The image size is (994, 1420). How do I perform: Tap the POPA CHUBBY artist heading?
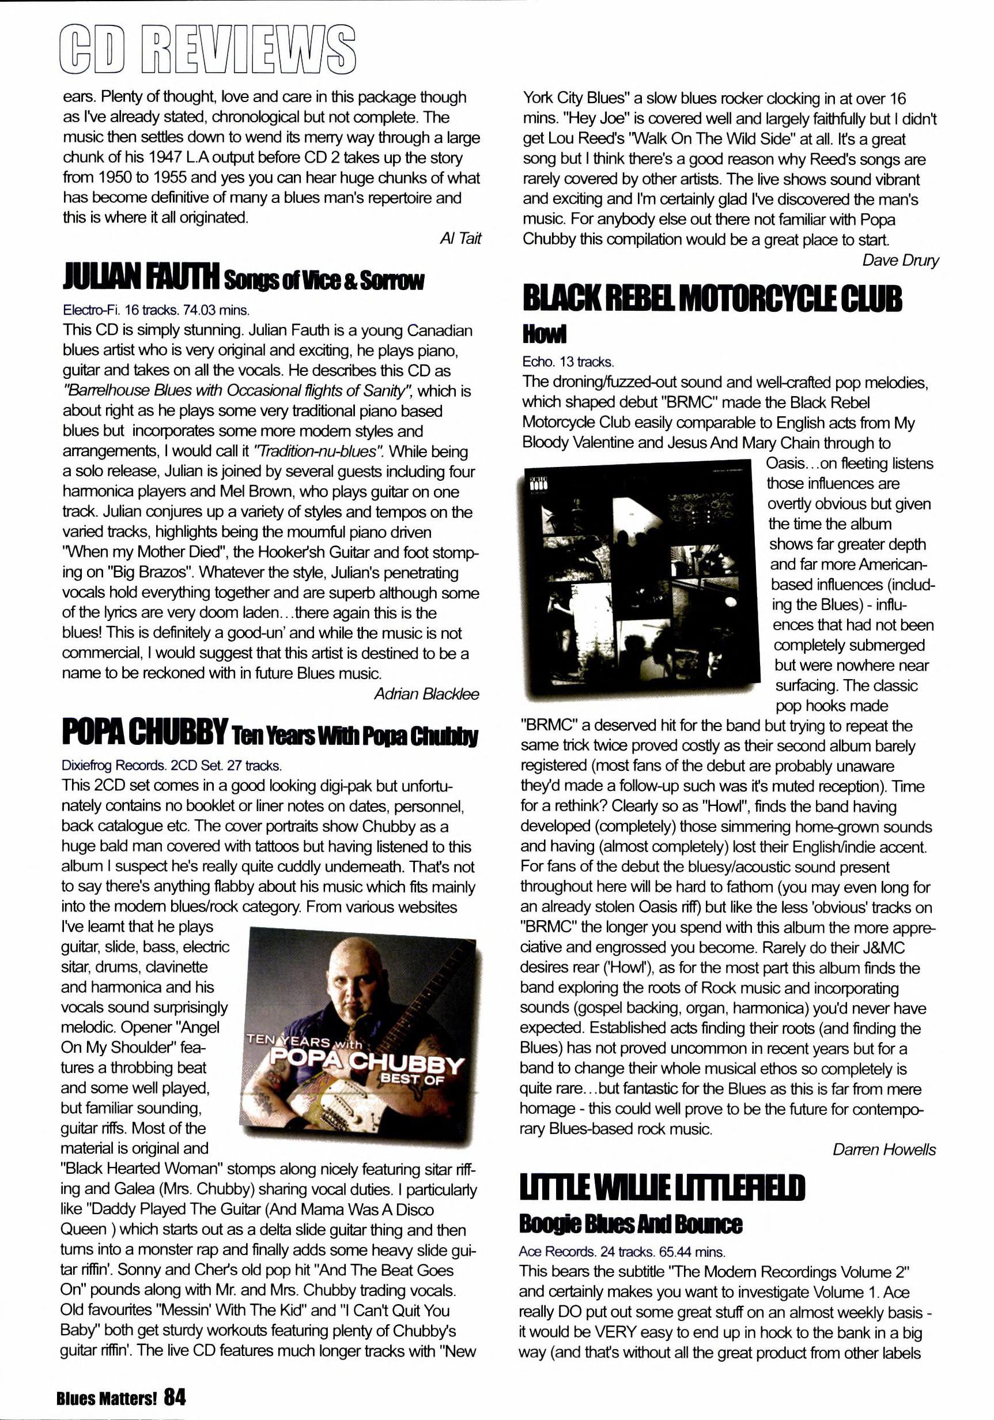point(145,732)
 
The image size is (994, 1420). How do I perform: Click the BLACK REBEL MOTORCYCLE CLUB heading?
point(712,299)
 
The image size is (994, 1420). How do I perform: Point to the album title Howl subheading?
point(543,334)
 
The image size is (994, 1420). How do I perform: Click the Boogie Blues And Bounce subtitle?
point(630,1224)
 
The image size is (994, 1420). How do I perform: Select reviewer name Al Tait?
point(460,239)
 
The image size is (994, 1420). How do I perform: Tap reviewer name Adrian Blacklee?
point(426,694)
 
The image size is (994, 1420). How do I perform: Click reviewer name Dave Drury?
point(899,261)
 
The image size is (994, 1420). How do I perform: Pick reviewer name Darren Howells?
point(883,1150)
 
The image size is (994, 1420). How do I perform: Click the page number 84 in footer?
point(175,1396)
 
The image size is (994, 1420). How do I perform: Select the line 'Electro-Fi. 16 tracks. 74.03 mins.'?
point(156,310)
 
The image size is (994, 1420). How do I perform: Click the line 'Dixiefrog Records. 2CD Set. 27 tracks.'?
point(171,766)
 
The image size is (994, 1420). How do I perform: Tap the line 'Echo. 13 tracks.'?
point(568,362)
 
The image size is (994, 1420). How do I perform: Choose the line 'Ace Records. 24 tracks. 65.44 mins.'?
point(621,1252)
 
